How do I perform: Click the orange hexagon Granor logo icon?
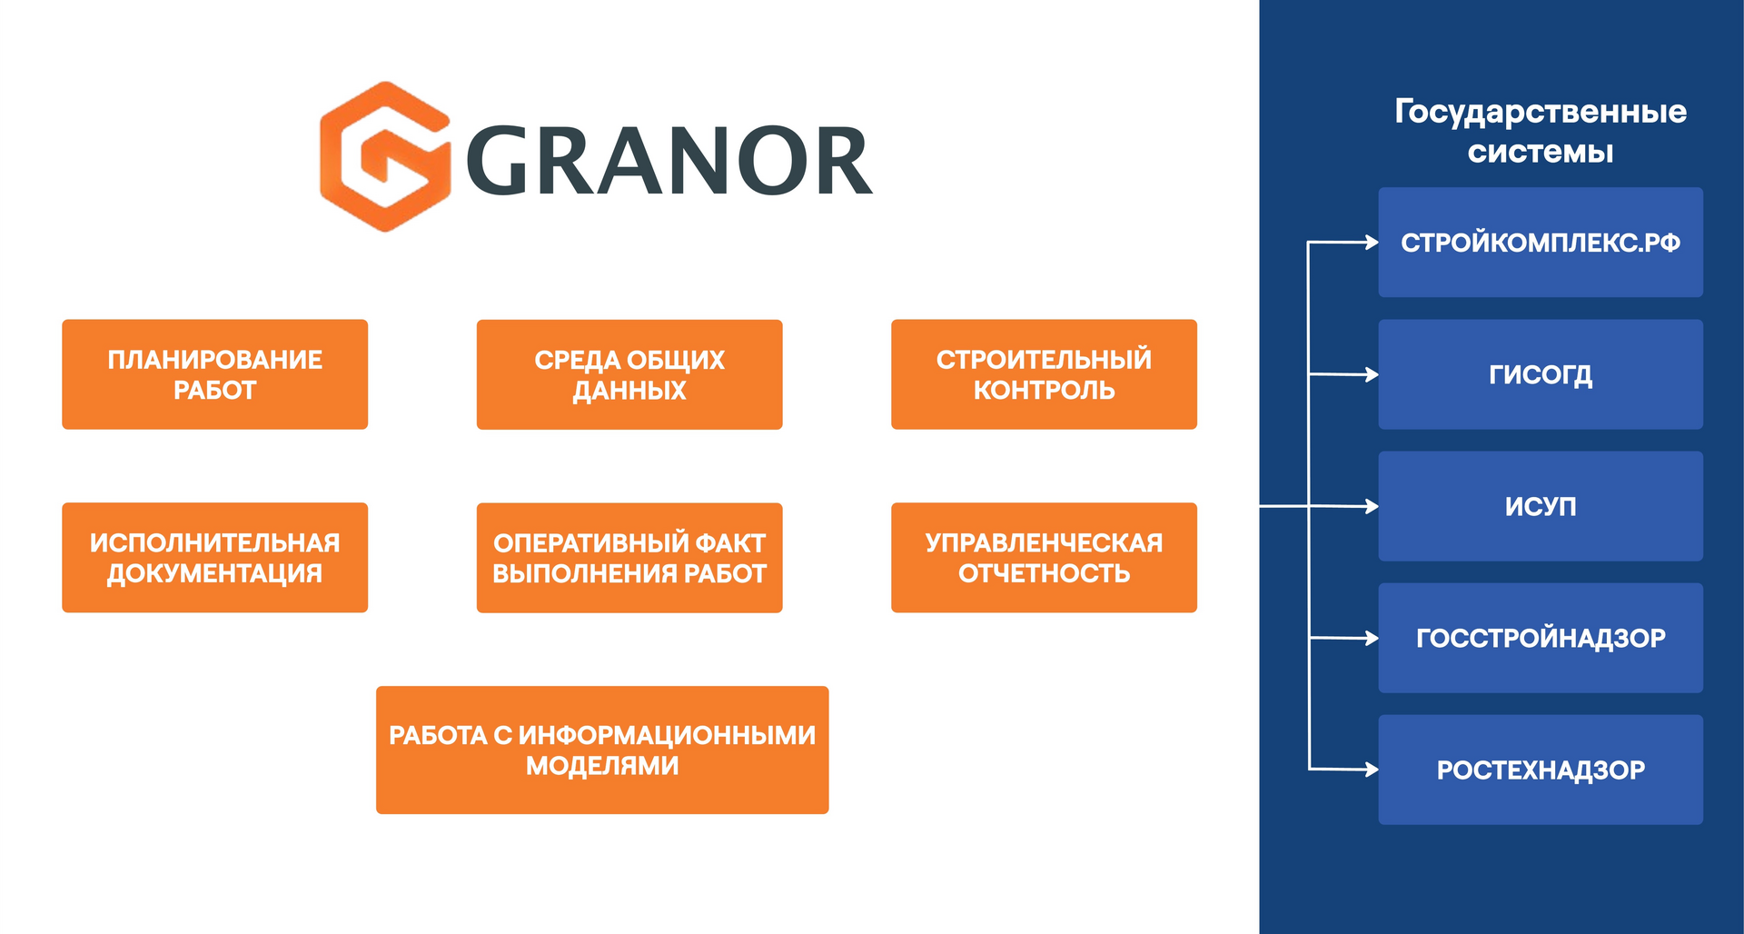(x=385, y=156)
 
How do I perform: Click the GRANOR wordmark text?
(x=669, y=162)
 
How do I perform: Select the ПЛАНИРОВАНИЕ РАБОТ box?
(x=214, y=374)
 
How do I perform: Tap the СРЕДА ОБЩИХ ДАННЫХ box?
(x=629, y=374)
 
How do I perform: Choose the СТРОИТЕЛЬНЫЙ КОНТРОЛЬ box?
(x=1044, y=374)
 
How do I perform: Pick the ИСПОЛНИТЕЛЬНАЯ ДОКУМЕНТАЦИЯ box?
(x=214, y=558)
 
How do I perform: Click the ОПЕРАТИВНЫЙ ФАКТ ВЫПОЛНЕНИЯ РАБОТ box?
(x=629, y=558)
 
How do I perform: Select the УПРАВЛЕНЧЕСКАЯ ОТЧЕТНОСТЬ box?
(x=1044, y=558)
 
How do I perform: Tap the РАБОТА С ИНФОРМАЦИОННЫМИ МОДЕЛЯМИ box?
(x=602, y=750)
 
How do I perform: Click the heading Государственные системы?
(x=1541, y=131)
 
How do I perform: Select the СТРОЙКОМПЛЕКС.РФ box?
(x=1541, y=243)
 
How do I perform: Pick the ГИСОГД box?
(x=1541, y=374)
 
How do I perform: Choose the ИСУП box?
(x=1541, y=506)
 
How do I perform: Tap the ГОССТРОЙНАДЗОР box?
(x=1541, y=638)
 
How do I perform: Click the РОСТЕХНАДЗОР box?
(x=1541, y=770)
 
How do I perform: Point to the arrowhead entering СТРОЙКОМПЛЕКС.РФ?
(x=1372, y=243)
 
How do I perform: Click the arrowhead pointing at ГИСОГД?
(x=1372, y=374)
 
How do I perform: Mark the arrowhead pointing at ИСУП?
(x=1372, y=506)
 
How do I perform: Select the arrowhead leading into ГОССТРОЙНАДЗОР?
(x=1372, y=638)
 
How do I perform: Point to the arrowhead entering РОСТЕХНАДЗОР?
(x=1372, y=770)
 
